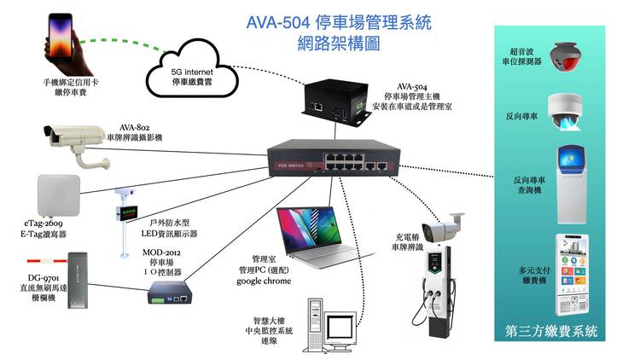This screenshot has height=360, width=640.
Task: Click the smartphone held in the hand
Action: pos(60,38)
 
